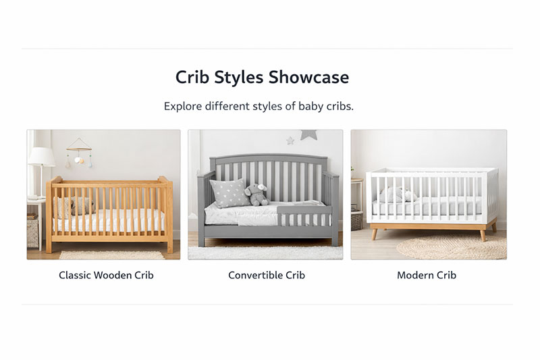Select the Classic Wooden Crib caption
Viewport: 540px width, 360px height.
point(106,276)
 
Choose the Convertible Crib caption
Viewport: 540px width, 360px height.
point(266,276)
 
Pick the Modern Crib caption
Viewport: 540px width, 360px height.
point(426,276)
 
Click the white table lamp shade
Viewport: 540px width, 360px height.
point(41,157)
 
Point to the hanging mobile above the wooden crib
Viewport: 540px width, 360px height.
point(79,153)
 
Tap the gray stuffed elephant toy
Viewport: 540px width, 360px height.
point(256,195)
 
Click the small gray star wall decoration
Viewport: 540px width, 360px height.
point(290,140)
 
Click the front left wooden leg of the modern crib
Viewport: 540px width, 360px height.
point(375,234)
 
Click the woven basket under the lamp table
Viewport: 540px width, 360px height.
point(32,232)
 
